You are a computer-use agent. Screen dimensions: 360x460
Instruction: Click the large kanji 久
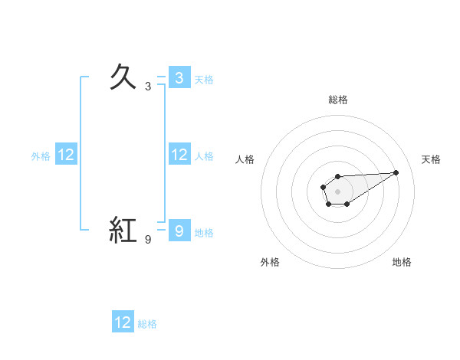point(123,77)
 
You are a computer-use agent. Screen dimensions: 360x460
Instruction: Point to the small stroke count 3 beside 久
point(148,87)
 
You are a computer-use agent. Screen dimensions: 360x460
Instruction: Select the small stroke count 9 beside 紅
point(148,241)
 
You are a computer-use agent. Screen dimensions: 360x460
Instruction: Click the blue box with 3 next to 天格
point(179,77)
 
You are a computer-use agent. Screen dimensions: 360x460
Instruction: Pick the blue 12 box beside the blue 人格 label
point(179,155)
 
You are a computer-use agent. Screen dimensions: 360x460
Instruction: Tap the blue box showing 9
point(179,231)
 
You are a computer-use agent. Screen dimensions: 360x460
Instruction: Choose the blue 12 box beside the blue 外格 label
point(66,155)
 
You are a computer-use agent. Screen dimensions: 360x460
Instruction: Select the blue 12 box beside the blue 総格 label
point(123,322)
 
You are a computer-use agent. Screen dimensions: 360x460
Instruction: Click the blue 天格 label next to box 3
point(204,79)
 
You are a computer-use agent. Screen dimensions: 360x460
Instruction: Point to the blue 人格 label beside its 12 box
point(204,156)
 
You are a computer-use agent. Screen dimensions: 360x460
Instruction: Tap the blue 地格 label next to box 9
point(204,233)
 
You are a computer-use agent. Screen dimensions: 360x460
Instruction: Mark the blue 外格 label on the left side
point(41,156)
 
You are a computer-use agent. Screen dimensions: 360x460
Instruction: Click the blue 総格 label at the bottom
point(147,324)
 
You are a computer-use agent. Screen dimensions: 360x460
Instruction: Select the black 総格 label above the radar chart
point(337,100)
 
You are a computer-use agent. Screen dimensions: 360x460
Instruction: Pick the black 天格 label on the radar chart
point(431,159)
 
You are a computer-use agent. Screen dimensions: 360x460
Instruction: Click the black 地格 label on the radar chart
point(402,262)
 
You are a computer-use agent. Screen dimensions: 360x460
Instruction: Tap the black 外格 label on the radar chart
point(270,262)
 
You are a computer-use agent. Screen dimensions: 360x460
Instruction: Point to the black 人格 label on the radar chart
point(245,159)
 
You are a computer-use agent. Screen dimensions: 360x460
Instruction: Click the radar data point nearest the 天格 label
point(396,172)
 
